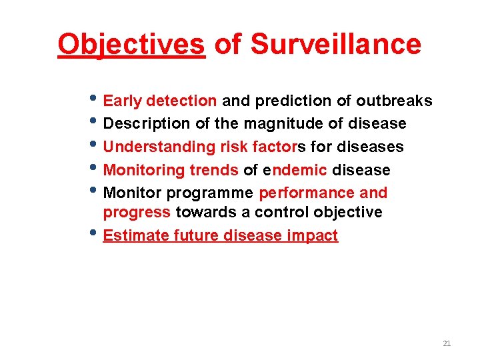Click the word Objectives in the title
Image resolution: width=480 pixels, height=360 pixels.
click(x=131, y=44)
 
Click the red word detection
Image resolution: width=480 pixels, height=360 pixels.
click(x=181, y=101)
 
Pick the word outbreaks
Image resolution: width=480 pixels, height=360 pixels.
click(x=394, y=101)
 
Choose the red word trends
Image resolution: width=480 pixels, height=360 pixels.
click(x=213, y=170)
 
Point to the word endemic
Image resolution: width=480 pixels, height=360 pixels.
click(x=295, y=170)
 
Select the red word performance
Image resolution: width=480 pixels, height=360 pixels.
click(x=307, y=193)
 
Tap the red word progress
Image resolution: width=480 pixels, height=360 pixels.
click(x=137, y=213)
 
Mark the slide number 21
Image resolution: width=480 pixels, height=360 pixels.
click(x=447, y=343)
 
